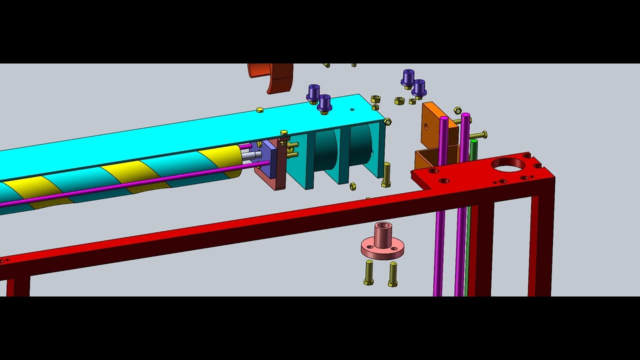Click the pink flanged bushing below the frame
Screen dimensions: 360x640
[x=382, y=242]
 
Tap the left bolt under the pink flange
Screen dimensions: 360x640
[x=369, y=272]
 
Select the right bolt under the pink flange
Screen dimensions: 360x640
[x=393, y=274]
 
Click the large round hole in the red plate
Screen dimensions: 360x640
[x=508, y=164]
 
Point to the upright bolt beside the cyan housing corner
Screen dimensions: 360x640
[x=386, y=174]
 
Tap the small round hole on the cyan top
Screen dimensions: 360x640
[x=352, y=109]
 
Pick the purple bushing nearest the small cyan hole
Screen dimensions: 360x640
[x=324, y=103]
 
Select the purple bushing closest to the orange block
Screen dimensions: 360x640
[x=418, y=88]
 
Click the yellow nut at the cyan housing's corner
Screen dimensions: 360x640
[x=387, y=121]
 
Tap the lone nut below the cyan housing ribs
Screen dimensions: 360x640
[x=352, y=186]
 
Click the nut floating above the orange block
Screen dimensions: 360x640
[x=457, y=110]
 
